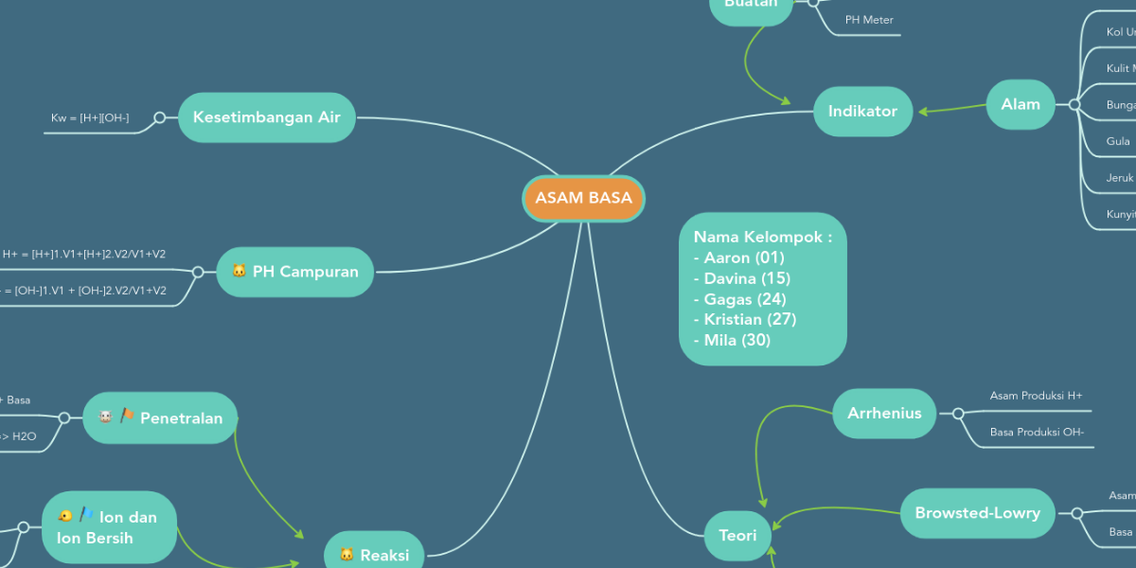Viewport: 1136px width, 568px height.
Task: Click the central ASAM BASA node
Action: click(583, 199)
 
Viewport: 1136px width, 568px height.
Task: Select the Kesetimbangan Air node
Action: click(266, 117)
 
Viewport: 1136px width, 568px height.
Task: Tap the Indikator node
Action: click(862, 111)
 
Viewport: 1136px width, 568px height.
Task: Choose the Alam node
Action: click(1021, 104)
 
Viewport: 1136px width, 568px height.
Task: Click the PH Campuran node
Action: click(295, 272)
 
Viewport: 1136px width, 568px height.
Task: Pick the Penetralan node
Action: click(160, 417)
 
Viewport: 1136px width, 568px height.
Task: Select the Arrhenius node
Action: click(884, 413)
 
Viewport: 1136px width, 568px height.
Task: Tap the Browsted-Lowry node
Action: click(977, 513)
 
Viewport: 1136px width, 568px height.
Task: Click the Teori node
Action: click(737, 535)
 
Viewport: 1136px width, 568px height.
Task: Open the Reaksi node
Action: click(374, 555)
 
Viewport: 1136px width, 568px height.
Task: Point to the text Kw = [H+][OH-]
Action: click(90, 118)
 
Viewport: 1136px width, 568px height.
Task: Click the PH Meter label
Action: click(869, 20)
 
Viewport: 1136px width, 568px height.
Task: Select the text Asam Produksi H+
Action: click(1036, 396)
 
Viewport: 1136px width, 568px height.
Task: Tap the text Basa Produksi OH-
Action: click(1037, 433)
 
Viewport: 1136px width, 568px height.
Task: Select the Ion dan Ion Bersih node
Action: click(109, 527)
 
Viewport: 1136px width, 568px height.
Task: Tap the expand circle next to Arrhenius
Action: click(958, 414)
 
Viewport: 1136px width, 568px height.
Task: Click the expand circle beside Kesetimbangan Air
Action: click(160, 117)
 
